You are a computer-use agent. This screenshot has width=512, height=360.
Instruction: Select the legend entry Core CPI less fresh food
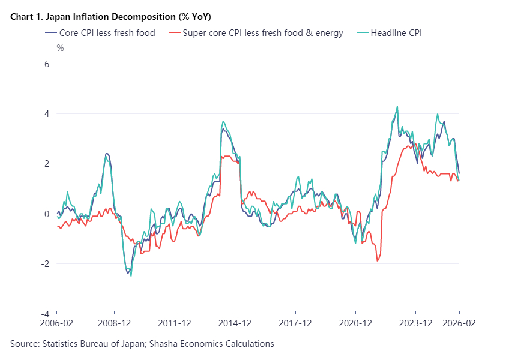pos(107,33)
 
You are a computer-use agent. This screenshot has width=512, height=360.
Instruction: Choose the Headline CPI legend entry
pos(396,33)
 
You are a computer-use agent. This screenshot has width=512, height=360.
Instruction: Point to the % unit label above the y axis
pos(60,48)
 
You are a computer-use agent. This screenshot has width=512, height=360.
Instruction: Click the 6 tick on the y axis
pos(47,64)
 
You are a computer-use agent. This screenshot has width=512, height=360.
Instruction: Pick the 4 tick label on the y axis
pos(47,113)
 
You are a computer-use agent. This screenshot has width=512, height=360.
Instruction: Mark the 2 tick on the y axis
pos(47,164)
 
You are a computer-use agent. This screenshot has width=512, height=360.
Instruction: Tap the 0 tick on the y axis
pos(47,214)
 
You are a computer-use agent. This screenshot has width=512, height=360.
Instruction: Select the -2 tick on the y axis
pos(45,263)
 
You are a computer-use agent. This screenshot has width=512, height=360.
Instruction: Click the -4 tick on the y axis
pos(45,314)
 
